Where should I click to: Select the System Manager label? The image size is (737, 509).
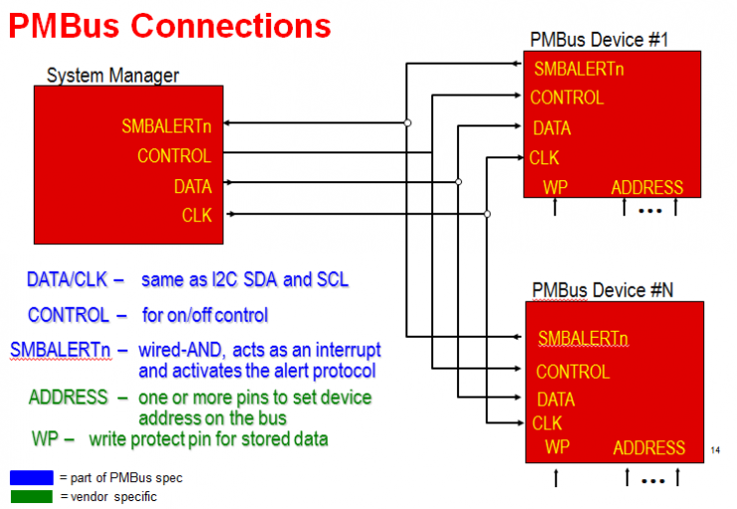(113, 76)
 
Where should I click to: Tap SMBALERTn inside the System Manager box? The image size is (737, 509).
(166, 127)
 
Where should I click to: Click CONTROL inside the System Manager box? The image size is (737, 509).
(174, 155)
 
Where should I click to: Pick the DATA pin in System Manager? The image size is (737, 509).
(192, 185)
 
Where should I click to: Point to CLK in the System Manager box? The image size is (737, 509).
(196, 214)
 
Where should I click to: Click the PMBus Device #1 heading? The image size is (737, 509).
(599, 40)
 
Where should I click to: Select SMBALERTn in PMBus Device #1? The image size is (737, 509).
(579, 70)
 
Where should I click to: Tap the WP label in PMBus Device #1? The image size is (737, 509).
(555, 187)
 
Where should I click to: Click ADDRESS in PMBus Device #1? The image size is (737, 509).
(646, 187)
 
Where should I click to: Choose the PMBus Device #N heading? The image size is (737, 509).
(602, 289)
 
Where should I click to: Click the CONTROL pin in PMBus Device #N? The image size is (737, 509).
(573, 372)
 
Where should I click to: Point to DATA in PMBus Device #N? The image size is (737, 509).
(555, 399)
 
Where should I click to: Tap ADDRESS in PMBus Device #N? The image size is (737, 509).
(649, 448)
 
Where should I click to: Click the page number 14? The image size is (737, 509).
(715, 451)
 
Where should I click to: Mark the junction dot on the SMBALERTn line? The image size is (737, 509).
(407, 124)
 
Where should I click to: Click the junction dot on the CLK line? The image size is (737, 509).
(486, 214)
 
